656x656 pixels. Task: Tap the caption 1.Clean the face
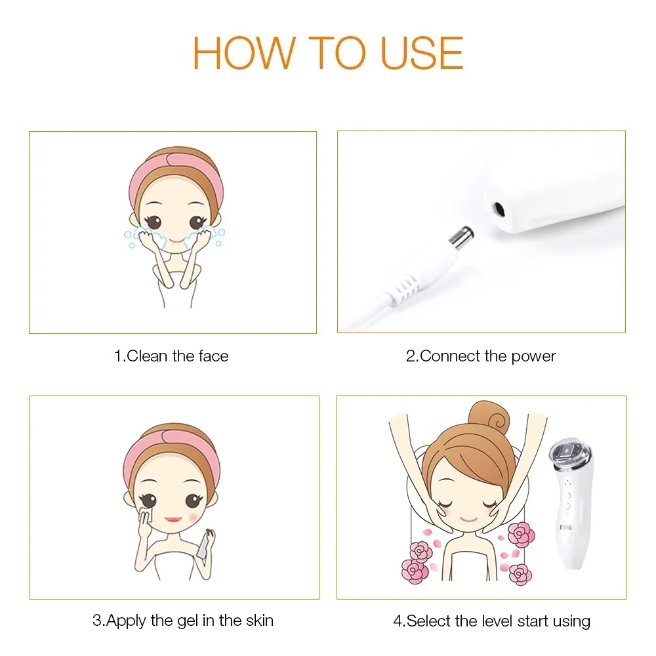(171, 356)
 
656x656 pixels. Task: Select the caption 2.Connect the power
(481, 356)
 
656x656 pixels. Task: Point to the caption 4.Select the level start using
(491, 621)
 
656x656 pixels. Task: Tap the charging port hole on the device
(500, 209)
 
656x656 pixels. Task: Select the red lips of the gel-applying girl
(173, 519)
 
